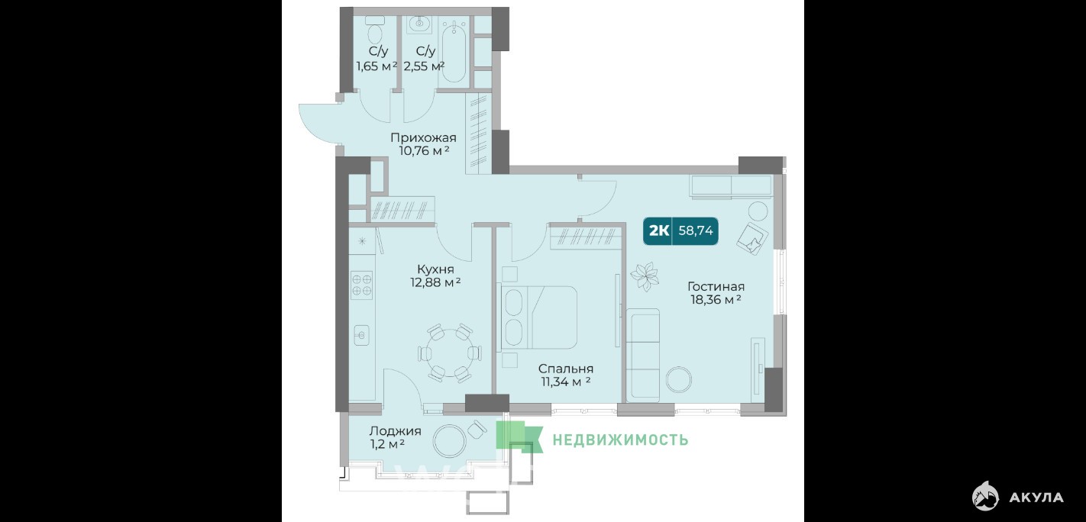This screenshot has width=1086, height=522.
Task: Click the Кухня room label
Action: pyautogui.click(x=435, y=269)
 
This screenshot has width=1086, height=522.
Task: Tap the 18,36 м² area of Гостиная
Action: pyautogui.click(x=716, y=299)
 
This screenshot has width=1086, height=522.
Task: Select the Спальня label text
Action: pyautogui.click(x=565, y=369)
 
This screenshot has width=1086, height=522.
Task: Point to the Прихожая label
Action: pyautogui.click(x=423, y=138)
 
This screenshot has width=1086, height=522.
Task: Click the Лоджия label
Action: pyautogui.click(x=395, y=431)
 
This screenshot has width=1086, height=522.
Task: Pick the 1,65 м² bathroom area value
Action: pyautogui.click(x=377, y=66)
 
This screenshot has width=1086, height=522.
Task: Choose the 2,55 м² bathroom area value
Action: pyautogui.click(x=424, y=66)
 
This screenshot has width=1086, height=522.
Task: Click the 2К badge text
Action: pyautogui.click(x=659, y=230)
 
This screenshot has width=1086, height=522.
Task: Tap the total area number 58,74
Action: pyautogui.click(x=696, y=230)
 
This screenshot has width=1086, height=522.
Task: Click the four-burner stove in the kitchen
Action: pyautogui.click(x=362, y=285)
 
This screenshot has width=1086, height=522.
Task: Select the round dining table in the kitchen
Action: pyautogui.click(x=450, y=353)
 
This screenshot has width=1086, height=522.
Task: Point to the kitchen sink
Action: pyautogui.click(x=362, y=335)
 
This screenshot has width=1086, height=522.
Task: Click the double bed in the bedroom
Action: pyautogui.click(x=539, y=317)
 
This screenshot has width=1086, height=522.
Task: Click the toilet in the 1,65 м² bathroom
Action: pyautogui.click(x=375, y=30)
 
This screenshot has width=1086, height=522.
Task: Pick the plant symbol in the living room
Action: pyautogui.click(x=645, y=276)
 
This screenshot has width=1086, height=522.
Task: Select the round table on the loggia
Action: pyautogui.click(x=449, y=441)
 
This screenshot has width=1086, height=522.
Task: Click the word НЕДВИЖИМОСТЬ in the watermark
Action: pyautogui.click(x=620, y=440)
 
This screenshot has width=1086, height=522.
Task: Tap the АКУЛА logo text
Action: pyautogui.click(x=1036, y=498)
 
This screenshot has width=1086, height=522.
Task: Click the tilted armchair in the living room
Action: pyautogui.click(x=752, y=238)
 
